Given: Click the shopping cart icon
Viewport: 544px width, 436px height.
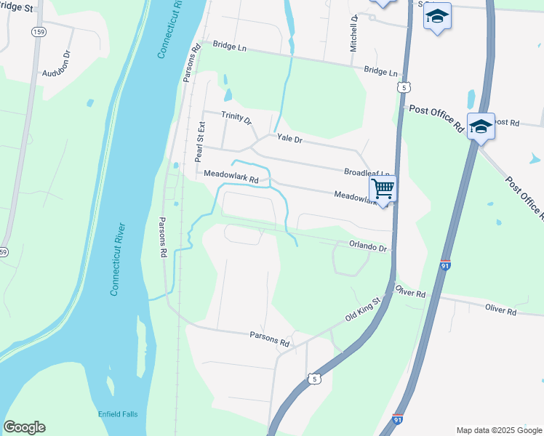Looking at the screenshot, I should [383, 189].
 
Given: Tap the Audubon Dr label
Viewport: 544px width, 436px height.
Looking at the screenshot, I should [59, 73].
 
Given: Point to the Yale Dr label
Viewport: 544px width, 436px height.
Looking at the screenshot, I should [288, 138].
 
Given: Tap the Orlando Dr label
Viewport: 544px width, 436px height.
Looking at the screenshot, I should [370, 246].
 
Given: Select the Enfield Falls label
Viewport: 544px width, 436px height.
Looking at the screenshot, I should [118, 414].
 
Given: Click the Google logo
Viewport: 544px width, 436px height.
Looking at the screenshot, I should [24, 427].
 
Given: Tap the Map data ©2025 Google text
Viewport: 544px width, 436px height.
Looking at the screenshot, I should [498, 430].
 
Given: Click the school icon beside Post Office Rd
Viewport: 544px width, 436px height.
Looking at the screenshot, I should [481, 126].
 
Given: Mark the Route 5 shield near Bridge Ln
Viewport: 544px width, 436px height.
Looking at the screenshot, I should [405, 87].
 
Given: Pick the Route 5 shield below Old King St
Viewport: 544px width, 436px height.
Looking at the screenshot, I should [313, 379].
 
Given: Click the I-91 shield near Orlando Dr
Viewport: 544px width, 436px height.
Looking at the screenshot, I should [445, 266].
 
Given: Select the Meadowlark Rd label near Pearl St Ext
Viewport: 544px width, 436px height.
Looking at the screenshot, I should [231, 176].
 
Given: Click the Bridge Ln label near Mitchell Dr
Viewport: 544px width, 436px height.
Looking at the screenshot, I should [382, 72].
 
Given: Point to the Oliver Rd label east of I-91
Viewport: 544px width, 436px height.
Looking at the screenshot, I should [500, 310].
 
